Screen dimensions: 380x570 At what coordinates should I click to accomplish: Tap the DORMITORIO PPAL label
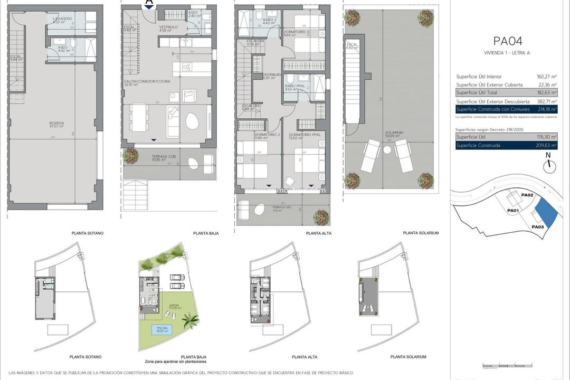301,135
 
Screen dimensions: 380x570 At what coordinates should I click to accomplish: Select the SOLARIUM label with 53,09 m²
394,134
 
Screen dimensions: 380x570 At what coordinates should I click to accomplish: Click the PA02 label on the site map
527,196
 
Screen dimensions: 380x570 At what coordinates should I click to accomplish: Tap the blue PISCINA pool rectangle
160,330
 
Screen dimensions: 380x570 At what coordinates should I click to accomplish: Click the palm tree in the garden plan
190,319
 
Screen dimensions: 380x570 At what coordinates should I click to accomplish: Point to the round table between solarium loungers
387,150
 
